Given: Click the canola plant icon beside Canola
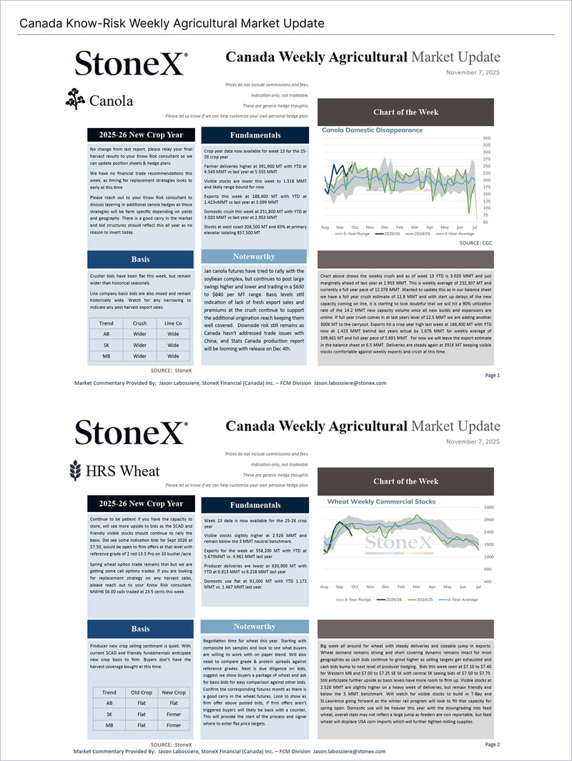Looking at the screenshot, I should coord(74,99).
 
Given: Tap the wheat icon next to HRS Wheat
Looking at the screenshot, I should coord(74,470).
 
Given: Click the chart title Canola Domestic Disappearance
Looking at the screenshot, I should coord(372,130).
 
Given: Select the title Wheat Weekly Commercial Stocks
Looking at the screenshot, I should coord(381,501).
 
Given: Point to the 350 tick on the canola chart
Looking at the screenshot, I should coord(486,138).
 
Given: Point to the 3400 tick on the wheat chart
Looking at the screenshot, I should coord(488,507).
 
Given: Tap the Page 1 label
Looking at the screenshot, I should coord(493,375).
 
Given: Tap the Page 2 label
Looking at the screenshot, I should coord(493,745).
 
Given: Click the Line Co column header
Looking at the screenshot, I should coord(174,323).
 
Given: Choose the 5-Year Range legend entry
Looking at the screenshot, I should coord(356,235).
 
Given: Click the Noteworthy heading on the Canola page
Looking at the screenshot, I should coord(254,257).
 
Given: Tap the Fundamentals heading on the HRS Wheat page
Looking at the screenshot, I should coord(255,505).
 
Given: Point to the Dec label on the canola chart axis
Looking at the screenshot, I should coord(385,226).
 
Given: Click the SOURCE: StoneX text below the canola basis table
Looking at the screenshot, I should coord(172,370).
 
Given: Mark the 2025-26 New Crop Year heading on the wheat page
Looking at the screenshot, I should coord(141,504).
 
